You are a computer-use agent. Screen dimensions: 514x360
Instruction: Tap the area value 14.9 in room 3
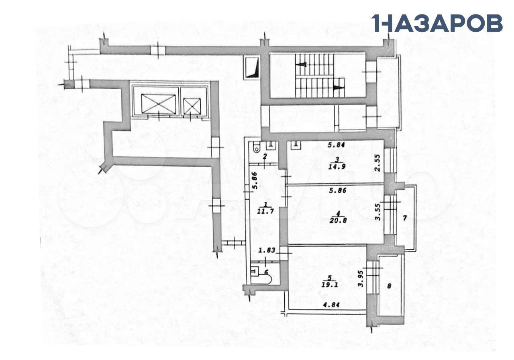pos(337,166)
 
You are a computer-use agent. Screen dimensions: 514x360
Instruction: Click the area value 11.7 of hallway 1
pos(265,211)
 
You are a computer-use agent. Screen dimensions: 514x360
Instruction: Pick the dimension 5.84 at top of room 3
pos(337,145)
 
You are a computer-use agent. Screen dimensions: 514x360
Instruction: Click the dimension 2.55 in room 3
pos(378,163)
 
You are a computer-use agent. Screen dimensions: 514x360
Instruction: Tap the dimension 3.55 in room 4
pos(378,212)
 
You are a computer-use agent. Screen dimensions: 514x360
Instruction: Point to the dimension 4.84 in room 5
pos(331,305)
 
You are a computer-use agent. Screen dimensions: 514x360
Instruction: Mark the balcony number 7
pos(405,218)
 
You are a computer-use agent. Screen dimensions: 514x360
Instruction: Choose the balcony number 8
pos(389,286)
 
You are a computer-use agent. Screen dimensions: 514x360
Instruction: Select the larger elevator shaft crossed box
pos(158,104)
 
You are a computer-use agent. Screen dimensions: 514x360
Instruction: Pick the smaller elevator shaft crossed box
pos(192,106)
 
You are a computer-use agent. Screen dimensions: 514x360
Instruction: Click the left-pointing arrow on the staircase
pos(301,65)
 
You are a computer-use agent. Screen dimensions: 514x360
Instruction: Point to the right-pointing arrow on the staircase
pos(339,88)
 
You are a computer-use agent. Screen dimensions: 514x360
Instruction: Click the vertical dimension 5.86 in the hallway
pos(255,180)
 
